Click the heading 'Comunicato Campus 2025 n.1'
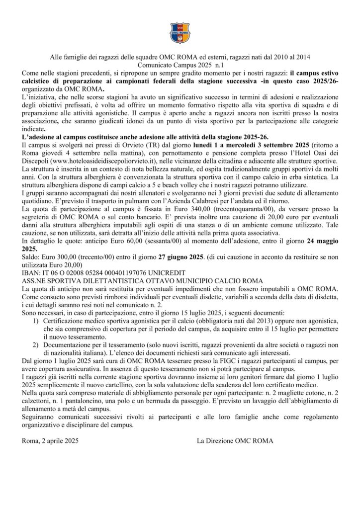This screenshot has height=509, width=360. coord(180,66)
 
